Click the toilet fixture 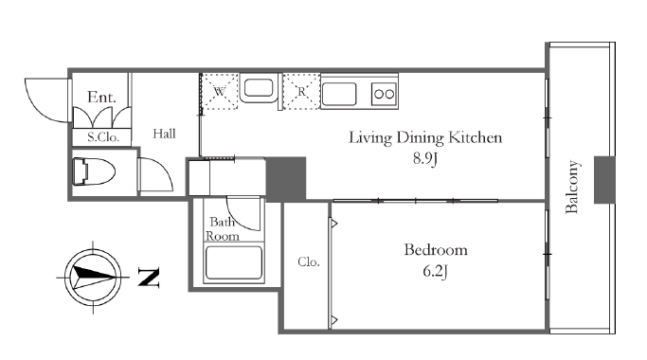[93, 171]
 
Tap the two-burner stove [385, 94]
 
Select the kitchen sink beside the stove [339, 94]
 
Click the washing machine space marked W [219, 91]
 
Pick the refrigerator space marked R [301, 91]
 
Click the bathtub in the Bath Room [234, 262]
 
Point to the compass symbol [93, 278]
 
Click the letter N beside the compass [148, 277]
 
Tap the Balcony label [572, 187]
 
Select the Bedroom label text [436, 250]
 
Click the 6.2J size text [436, 271]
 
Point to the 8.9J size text [425, 158]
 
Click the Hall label [164, 134]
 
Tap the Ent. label [101, 97]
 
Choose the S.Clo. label [103, 137]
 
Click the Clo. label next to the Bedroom [309, 261]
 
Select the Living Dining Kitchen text [425, 137]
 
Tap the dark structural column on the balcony [604, 180]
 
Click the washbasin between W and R [260, 88]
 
